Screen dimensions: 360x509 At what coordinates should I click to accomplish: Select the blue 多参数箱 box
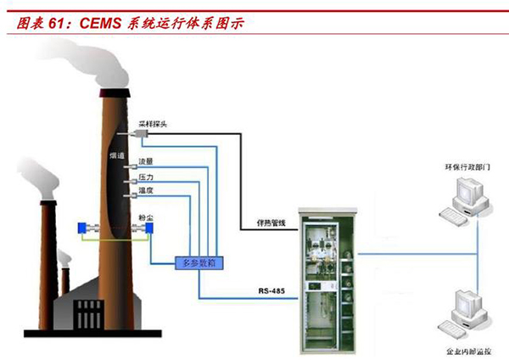(199, 263)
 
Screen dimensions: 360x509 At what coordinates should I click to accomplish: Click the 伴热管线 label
(271, 223)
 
